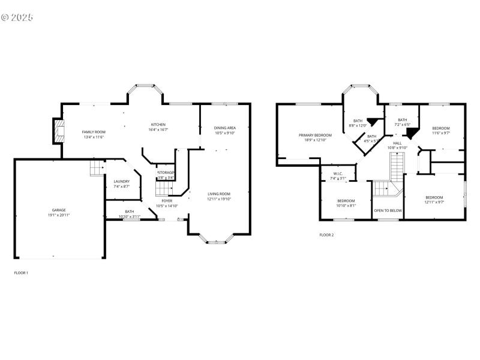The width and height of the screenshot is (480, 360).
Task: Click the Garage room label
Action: (x=59, y=210)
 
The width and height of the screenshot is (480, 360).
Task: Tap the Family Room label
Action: (x=94, y=132)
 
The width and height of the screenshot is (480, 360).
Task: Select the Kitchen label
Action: (x=158, y=124)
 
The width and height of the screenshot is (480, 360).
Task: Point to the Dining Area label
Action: (x=225, y=128)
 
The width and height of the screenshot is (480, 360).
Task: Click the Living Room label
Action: (x=219, y=194)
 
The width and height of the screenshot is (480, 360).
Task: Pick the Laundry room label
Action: (x=122, y=181)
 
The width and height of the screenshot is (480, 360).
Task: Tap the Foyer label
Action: (x=167, y=201)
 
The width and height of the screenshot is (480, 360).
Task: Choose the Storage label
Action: (x=166, y=173)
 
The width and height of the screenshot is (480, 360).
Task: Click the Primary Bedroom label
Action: (x=315, y=135)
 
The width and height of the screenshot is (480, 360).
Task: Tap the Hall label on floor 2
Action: (x=397, y=143)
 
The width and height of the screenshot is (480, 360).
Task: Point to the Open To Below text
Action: (x=388, y=211)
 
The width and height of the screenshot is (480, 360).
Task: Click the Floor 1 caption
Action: (x=21, y=273)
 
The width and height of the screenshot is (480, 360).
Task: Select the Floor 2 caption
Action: (x=326, y=235)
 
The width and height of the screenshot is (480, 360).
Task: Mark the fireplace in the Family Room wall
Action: (x=58, y=131)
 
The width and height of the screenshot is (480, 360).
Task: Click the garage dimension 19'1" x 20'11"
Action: (x=59, y=215)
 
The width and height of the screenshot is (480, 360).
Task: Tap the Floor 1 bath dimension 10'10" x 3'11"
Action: (x=130, y=217)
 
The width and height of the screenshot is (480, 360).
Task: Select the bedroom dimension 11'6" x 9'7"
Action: (x=441, y=133)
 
